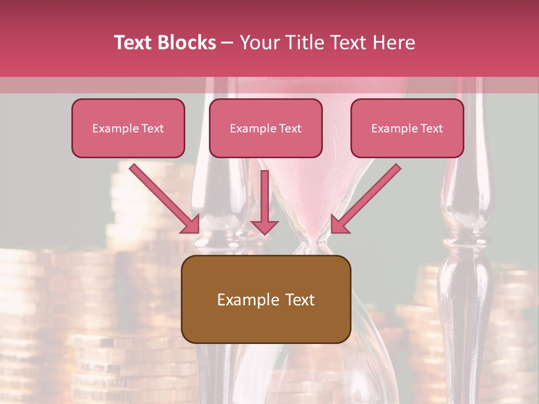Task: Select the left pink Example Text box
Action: point(128,128)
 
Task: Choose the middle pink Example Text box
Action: point(266,128)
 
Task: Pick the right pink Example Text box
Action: point(407,128)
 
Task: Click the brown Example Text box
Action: point(266,300)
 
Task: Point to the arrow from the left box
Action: point(163,196)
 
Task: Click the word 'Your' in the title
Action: point(259,43)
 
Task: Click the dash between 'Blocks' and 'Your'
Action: point(227,43)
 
